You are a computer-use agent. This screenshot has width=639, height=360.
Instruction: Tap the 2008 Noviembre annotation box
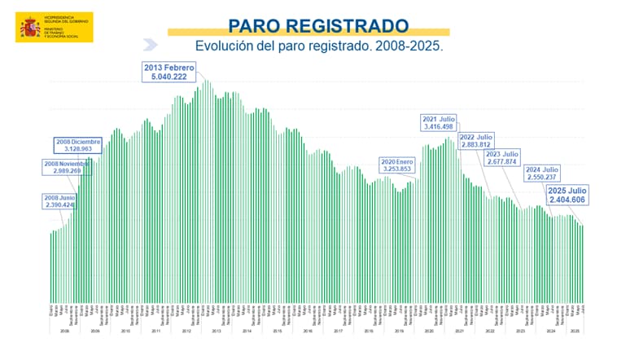(63, 168)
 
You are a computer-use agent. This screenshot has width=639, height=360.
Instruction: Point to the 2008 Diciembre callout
(79, 146)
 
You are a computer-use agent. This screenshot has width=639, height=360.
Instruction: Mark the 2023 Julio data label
(501, 157)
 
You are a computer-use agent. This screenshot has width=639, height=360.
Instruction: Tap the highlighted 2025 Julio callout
(567, 195)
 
